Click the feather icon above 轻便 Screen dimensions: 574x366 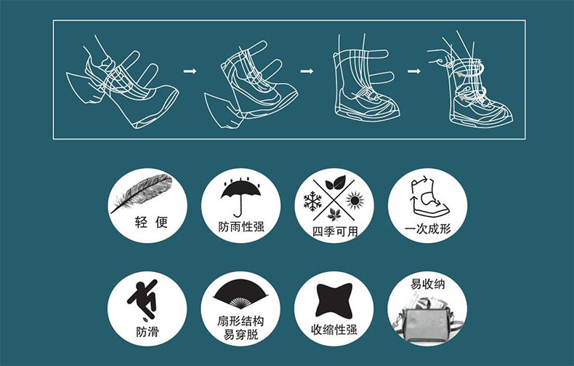point(142,193)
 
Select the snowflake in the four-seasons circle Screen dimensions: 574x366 point(312,201)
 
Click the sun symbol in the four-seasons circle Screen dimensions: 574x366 point(355,201)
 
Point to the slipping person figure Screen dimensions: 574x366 point(143,300)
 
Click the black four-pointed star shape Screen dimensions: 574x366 point(334,301)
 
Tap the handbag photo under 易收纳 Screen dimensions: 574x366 point(424,318)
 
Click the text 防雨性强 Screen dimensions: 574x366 point(241,226)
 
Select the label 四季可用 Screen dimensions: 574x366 point(334,231)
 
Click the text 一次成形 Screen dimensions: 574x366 point(427,229)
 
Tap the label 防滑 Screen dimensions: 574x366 point(147,332)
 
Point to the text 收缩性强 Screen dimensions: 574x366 point(334,330)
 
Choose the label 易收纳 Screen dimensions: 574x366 point(427,285)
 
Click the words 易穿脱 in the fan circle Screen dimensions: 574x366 point(241,335)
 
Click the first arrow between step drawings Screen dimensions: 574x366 point(190,71)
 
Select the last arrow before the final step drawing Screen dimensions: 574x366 point(413,71)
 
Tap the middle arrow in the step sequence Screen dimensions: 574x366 point(307,71)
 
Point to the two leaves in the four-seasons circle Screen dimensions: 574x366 point(336,183)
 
